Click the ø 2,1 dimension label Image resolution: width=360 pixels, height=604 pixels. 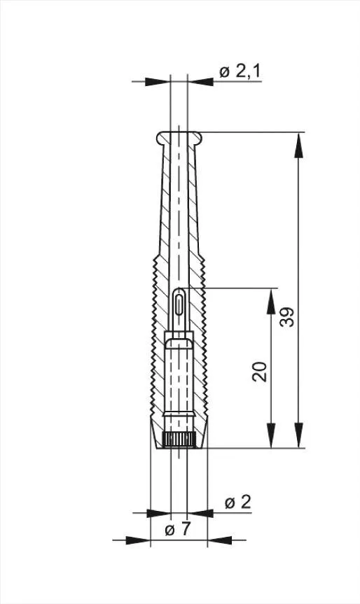240,71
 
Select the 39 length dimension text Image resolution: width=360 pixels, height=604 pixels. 287,317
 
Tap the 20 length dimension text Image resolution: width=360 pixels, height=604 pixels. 259,372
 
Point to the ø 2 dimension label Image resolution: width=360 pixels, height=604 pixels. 238,503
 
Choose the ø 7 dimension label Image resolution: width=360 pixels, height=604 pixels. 178,529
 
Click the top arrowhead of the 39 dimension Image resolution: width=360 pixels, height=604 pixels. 298,145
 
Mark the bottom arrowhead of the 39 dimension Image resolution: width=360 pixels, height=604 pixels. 298,435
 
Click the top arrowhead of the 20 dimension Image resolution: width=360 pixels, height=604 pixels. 271,301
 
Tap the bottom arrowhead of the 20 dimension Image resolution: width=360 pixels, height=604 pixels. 271,435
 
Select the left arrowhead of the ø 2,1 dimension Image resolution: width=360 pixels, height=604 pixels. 158,82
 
